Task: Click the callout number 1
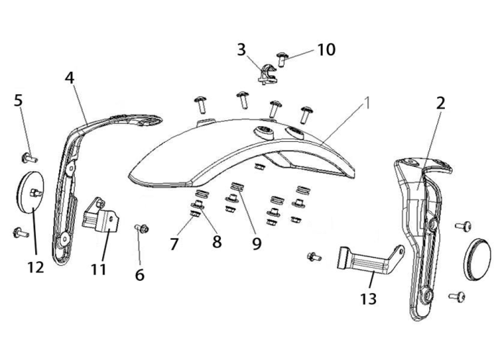point(366,103)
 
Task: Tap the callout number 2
point(441,103)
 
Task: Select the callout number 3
point(241,50)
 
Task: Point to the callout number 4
point(69,78)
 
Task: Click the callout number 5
point(18,101)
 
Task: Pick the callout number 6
point(140,275)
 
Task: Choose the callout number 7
point(174,244)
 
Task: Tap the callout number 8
point(217,241)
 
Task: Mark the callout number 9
point(256,244)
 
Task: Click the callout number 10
point(326,50)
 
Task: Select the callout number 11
point(99,269)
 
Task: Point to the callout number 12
point(35,267)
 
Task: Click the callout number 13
point(369,299)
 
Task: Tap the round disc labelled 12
point(30,192)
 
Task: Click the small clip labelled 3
point(267,74)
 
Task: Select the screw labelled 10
point(282,59)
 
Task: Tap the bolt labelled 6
point(141,228)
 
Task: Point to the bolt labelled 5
point(29,158)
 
